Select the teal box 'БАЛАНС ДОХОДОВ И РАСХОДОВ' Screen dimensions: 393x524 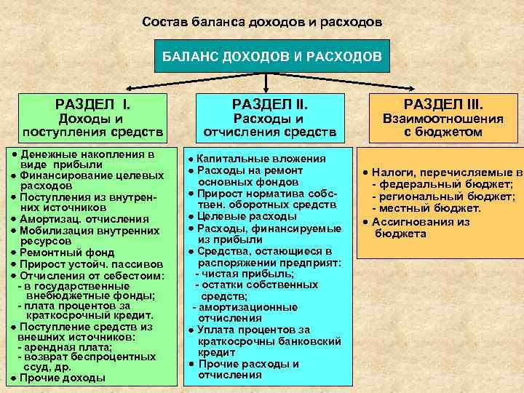tap(271, 56)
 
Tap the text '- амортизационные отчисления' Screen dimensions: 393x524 tap(244, 312)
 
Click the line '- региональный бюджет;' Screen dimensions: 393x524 tap(443, 196)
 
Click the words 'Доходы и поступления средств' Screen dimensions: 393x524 tap(92, 125)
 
